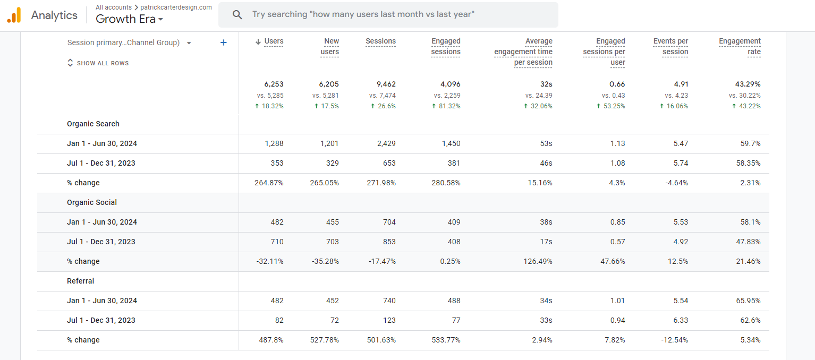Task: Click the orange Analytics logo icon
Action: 14,15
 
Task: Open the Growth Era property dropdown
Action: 129,19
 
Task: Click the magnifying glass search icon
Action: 237,14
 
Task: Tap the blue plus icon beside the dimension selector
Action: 224,42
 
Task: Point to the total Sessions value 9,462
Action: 384,84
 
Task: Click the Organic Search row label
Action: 93,124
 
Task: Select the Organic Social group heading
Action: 92,202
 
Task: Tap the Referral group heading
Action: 80,281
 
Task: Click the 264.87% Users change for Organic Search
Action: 269,183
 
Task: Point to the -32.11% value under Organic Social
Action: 270,261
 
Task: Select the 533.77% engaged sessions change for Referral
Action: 446,340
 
